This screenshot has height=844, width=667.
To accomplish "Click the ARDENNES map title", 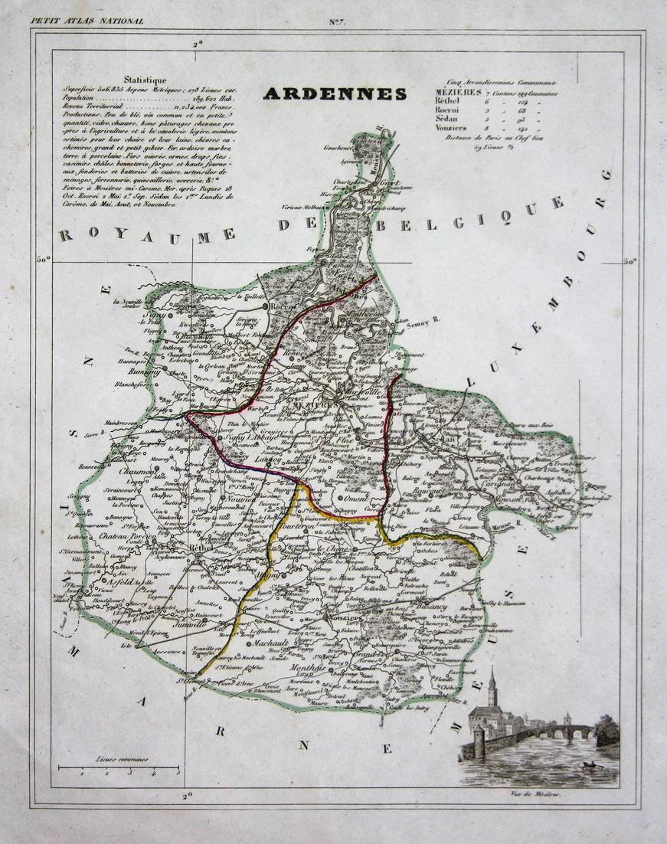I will click(335, 94).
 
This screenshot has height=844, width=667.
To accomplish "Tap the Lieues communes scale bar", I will click(119, 767).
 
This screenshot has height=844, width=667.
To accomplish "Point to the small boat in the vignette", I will click(590, 765).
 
